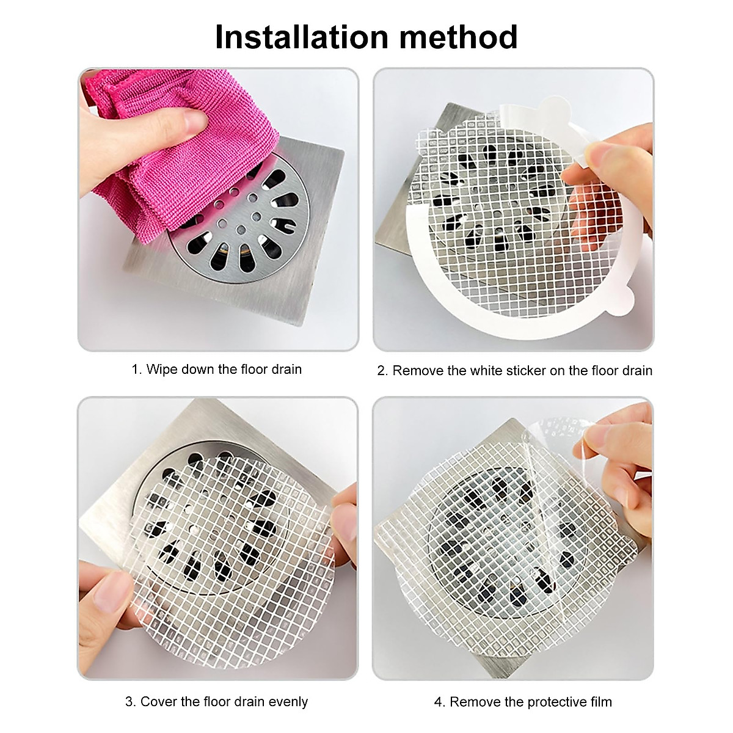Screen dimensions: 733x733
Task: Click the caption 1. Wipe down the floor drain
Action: [217, 370]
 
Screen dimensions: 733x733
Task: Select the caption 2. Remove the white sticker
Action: [514, 371]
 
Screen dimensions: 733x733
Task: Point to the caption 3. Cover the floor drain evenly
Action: [217, 701]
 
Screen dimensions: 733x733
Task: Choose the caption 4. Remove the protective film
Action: [523, 702]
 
